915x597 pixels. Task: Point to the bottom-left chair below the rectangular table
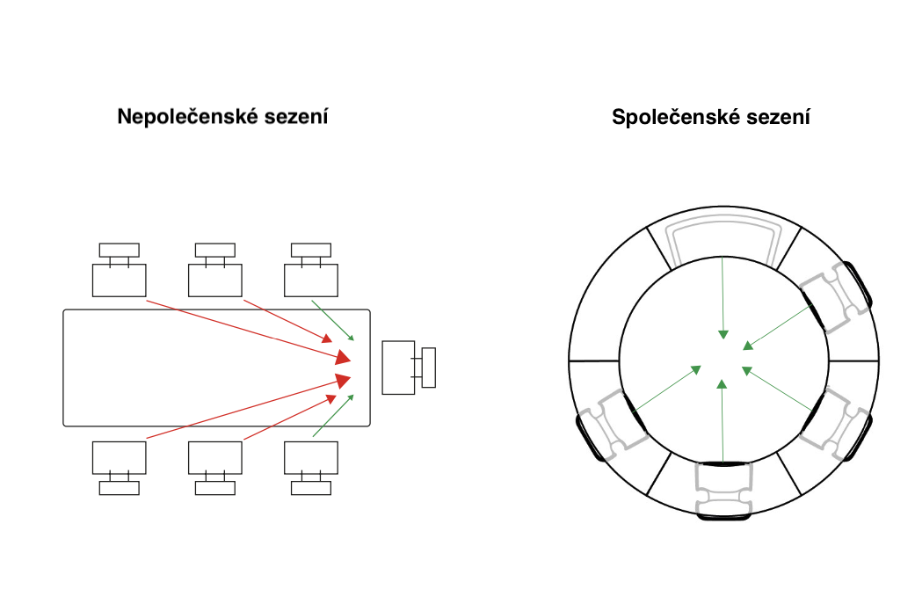(119, 457)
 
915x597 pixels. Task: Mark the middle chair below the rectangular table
(214, 457)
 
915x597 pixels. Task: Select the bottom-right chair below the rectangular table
(310, 457)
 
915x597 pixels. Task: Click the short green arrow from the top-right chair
(333, 320)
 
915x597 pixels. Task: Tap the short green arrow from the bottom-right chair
(333, 417)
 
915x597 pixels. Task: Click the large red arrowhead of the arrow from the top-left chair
(342, 356)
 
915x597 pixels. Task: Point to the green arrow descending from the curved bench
(723, 299)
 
